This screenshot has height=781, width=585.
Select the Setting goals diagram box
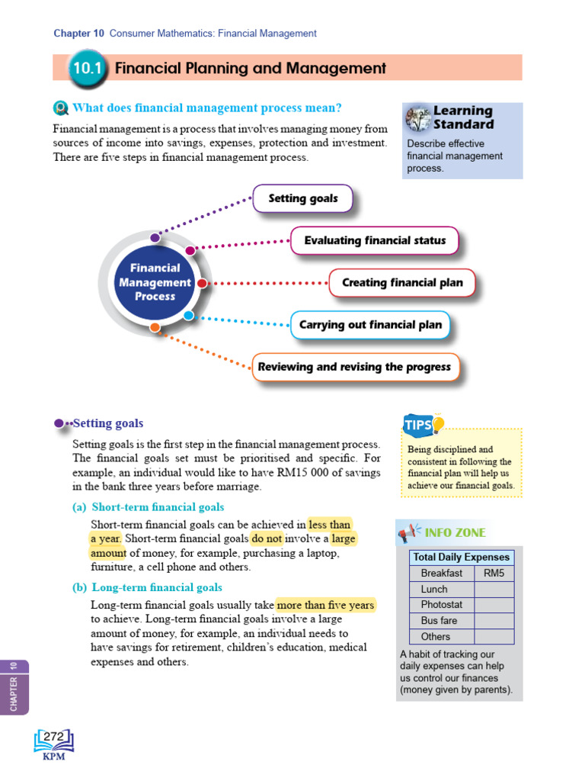coord(302,199)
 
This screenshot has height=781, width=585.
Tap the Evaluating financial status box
coord(375,240)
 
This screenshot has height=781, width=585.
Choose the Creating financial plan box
coord(402,282)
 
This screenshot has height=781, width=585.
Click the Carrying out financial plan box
coord(370,325)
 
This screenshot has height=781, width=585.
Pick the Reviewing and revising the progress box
coord(354,367)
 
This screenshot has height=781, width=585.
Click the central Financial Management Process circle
coord(155,282)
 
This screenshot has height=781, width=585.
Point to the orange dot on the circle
coord(155,328)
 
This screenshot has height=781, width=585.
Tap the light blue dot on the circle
coord(189,315)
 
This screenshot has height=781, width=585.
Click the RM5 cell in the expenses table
coord(494,573)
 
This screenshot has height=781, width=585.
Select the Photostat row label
coord(441,605)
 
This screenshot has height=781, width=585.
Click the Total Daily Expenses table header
coord(462,557)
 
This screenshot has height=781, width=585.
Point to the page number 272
coord(53,737)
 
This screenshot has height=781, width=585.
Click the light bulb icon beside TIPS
coord(438,423)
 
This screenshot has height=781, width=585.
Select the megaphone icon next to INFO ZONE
coord(408,532)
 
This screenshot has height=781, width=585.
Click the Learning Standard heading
coord(463,117)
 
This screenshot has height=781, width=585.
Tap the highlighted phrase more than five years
coord(326,605)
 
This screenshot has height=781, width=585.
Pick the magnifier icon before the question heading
coord(61,108)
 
